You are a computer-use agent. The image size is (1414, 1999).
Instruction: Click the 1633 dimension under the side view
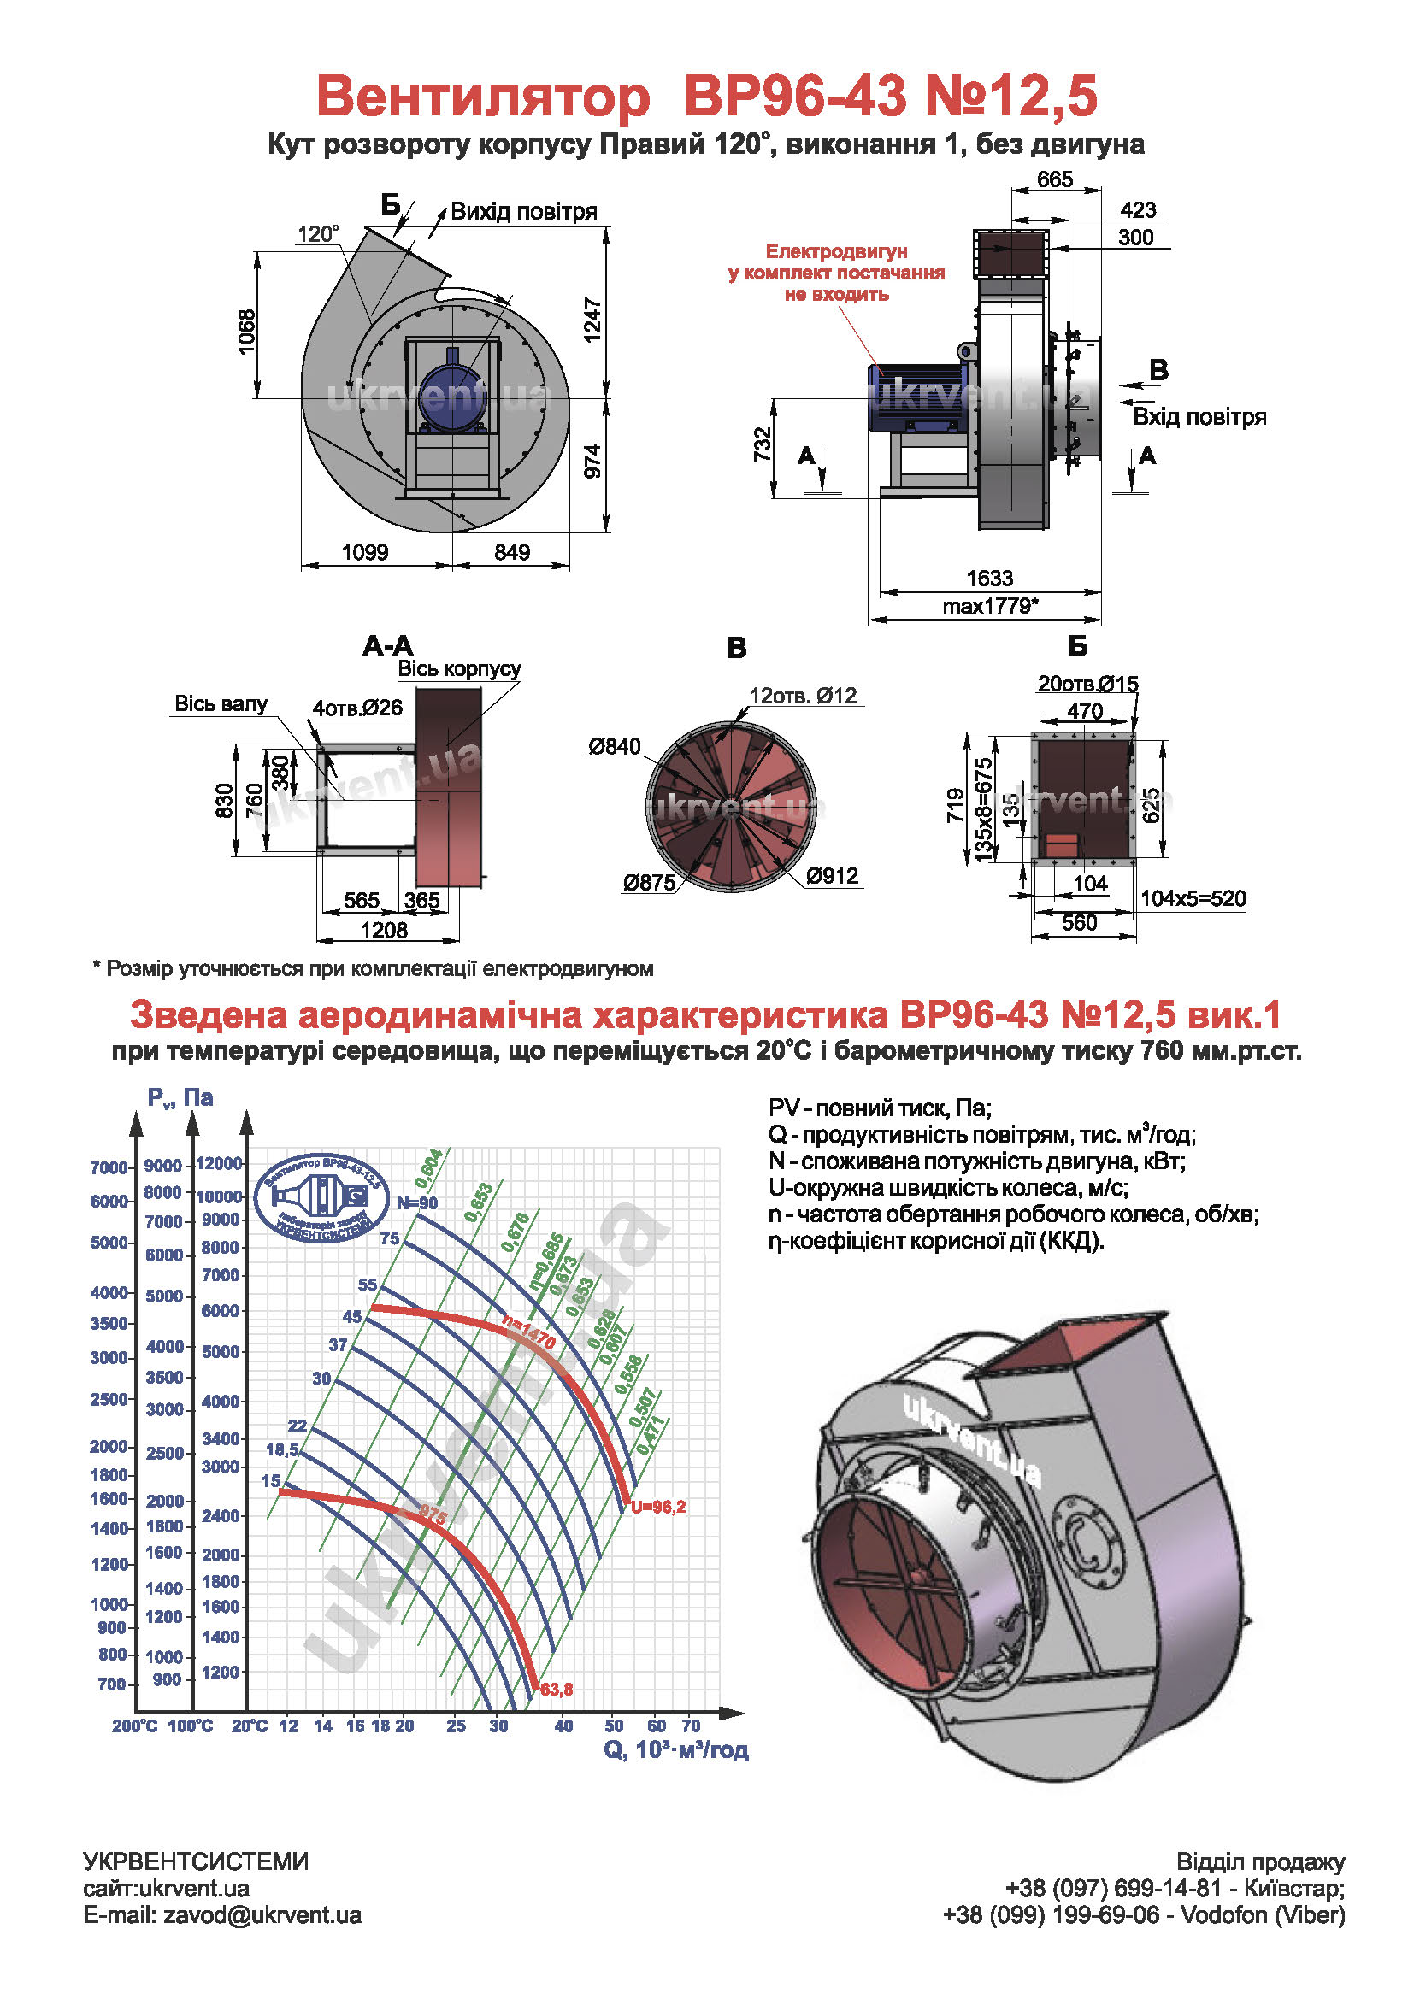989,578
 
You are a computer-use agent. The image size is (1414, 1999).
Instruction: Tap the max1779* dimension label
990,606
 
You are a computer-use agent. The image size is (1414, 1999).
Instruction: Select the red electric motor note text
836,273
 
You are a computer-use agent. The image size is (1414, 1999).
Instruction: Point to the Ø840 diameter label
614,746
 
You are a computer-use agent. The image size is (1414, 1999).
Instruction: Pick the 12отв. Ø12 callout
803,696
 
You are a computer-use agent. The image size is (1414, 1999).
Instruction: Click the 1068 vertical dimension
247,331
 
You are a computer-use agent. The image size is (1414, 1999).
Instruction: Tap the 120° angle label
318,233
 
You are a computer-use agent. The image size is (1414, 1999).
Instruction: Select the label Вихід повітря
523,212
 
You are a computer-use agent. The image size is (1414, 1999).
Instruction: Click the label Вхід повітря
1199,417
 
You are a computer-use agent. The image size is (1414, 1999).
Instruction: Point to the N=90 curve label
417,1203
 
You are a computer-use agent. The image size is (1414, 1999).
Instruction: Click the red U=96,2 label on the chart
658,1507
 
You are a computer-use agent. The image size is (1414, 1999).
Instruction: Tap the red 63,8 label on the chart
557,1690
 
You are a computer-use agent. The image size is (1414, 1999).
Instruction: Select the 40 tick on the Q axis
563,1726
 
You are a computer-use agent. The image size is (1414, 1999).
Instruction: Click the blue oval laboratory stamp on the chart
321,1199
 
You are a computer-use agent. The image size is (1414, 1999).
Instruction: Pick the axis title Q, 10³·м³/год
675,1750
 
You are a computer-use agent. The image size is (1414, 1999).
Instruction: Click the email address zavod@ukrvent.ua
262,1914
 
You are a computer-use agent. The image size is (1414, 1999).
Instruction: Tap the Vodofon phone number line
1144,1914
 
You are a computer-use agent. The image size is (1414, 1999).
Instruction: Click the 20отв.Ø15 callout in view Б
1087,685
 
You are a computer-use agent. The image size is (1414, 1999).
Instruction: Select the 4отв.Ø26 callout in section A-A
358,708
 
